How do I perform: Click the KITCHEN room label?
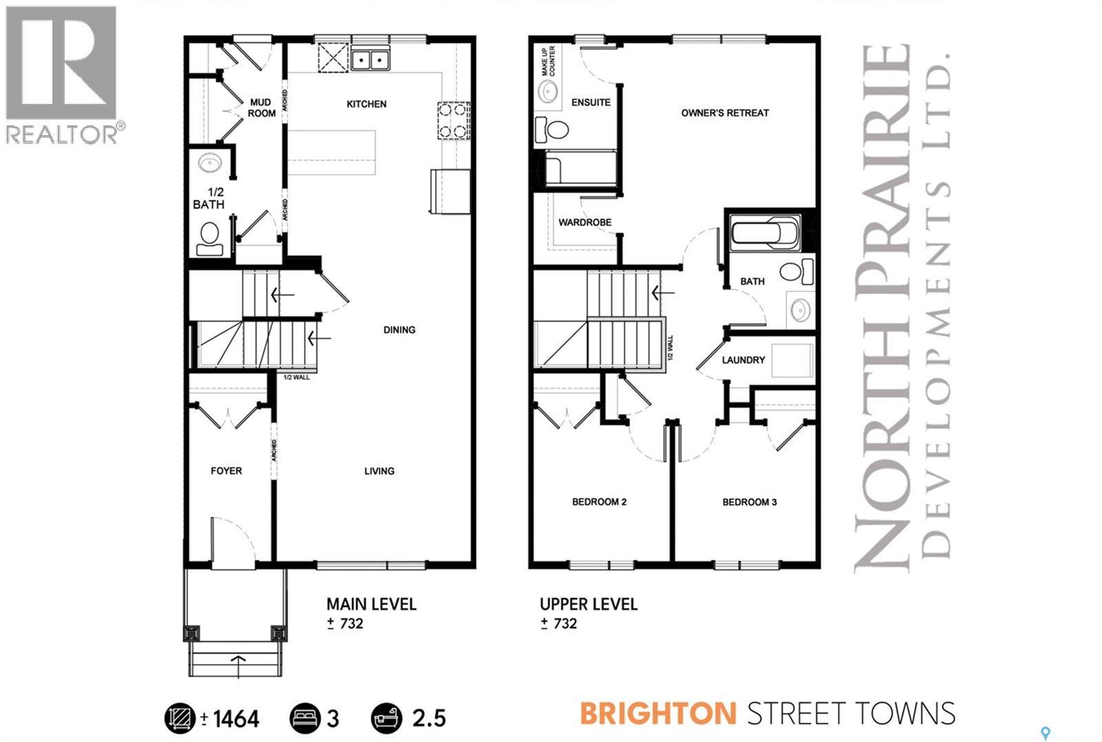(366, 104)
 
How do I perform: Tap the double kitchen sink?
(371, 60)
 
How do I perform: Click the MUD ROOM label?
(261, 108)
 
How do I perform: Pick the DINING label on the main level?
(399, 329)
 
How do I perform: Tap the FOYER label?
(226, 471)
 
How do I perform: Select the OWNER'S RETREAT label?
(725, 112)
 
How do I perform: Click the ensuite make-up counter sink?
(549, 92)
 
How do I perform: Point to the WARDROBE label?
(585, 223)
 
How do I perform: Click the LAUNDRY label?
(743, 360)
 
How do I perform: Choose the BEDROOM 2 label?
(599, 502)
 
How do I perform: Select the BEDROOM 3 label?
(749, 502)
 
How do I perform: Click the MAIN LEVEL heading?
(371, 604)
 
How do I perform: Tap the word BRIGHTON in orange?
(658, 713)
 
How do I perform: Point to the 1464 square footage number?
(236, 719)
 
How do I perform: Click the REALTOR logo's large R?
(61, 63)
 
